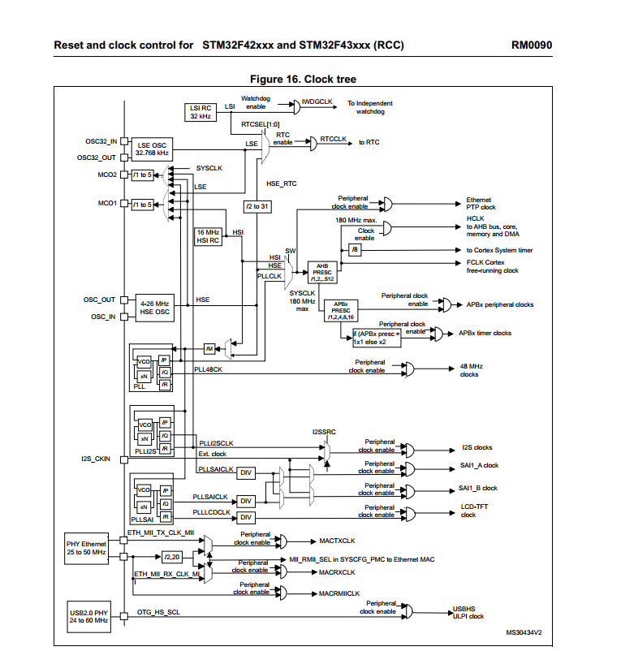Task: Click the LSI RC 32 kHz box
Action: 201,112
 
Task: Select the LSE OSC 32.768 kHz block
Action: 152,149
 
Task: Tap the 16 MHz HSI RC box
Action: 208,236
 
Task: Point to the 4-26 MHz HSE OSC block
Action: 155,308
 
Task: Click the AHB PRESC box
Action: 322,273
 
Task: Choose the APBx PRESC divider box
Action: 341,311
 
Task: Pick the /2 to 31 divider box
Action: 257,206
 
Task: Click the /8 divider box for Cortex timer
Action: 355,249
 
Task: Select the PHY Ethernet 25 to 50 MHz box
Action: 86,549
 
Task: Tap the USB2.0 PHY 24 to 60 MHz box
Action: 88,617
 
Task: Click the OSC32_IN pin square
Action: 123,141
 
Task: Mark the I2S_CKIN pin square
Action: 123,459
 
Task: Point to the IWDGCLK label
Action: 317,101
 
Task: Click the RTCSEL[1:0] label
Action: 261,124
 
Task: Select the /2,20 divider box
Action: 172,557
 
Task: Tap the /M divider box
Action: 209,349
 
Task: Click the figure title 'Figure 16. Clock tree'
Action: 303,79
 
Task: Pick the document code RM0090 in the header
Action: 532,45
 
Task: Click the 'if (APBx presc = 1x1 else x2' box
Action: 377,338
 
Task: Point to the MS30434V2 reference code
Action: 524,632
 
